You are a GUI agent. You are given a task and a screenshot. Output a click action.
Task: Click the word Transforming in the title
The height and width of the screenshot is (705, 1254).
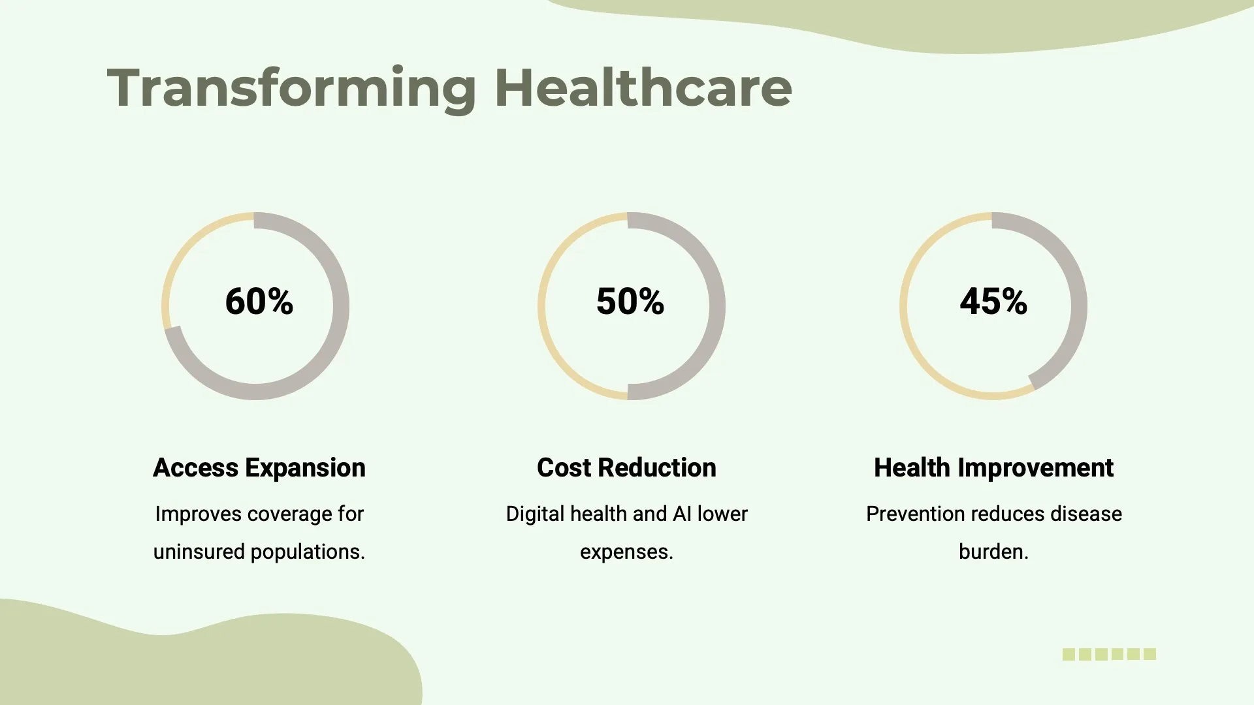[x=291, y=88]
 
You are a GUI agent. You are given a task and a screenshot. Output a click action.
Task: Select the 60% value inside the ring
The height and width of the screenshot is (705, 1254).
[x=259, y=302]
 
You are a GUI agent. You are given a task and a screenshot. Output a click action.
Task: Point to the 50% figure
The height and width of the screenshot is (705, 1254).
[x=630, y=302]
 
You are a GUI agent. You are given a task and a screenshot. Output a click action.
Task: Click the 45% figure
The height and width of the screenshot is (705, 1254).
[x=993, y=302]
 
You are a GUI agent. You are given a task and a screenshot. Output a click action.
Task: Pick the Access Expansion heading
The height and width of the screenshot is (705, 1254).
[x=259, y=468]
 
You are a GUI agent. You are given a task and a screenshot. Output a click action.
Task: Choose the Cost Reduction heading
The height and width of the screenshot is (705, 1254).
[x=626, y=468]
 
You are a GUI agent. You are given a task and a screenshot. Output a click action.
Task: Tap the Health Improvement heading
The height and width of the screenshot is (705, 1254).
[x=993, y=468]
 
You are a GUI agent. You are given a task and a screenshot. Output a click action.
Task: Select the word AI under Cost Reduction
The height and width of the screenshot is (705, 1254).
[x=682, y=514]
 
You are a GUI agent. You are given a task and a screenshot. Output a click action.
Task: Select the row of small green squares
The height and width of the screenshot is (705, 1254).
[x=1109, y=654]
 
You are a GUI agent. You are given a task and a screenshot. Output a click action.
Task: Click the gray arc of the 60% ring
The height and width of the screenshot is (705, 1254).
[x=340, y=307]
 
